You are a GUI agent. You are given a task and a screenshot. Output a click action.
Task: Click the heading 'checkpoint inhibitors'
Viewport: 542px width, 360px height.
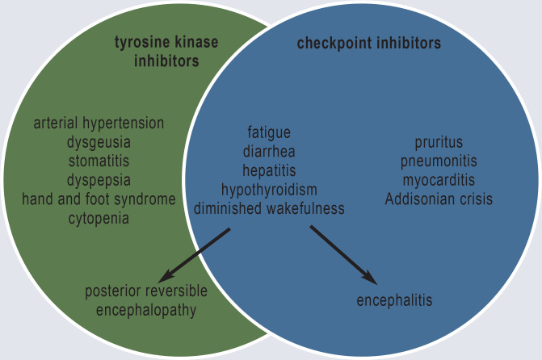pyautogui.click(x=368, y=44)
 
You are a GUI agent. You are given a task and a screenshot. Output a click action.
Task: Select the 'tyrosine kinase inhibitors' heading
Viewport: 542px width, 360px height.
pyautogui.click(x=166, y=52)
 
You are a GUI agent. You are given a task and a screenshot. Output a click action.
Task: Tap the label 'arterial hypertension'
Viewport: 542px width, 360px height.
pyautogui.click(x=99, y=123)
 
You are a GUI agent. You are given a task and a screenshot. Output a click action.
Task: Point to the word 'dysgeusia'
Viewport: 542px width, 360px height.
pyautogui.click(x=99, y=142)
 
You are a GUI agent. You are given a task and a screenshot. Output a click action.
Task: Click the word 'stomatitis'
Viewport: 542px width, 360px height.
pyautogui.click(x=99, y=161)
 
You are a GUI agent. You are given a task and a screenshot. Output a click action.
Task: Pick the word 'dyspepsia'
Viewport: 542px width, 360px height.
pyautogui.click(x=99, y=180)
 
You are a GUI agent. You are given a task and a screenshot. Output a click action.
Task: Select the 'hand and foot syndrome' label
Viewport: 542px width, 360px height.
pyautogui.click(x=99, y=199)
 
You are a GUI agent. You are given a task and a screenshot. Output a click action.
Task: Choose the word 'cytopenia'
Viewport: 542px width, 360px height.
pyautogui.click(x=99, y=218)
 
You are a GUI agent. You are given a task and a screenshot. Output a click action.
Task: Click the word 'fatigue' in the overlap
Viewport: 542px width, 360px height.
pyautogui.click(x=269, y=132)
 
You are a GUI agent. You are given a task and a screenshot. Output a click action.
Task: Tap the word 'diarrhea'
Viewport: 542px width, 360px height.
pyautogui.click(x=269, y=151)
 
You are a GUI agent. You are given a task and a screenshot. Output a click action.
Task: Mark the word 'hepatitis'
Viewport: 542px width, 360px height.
pyautogui.click(x=269, y=170)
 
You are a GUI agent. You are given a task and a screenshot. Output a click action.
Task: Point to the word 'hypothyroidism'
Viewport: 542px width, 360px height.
pyautogui.click(x=269, y=190)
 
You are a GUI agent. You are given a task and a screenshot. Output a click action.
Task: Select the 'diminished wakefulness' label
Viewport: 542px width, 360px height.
pyautogui.click(x=269, y=209)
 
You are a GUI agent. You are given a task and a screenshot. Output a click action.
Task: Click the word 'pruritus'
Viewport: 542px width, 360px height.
pyautogui.click(x=439, y=143)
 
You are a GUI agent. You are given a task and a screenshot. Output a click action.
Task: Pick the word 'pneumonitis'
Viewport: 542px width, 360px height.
pyautogui.click(x=439, y=161)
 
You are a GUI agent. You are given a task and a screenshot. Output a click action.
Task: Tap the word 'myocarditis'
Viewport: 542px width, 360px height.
pyautogui.click(x=439, y=180)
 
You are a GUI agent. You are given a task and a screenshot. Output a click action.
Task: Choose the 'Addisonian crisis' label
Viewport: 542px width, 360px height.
pyautogui.click(x=439, y=199)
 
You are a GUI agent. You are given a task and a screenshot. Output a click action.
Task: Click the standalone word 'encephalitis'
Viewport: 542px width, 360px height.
pyautogui.click(x=394, y=301)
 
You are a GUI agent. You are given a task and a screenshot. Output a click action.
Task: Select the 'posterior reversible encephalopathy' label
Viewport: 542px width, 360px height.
pyautogui.click(x=146, y=300)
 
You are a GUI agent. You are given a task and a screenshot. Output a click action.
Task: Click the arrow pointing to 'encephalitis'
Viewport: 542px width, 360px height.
pyautogui.click(x=343, y=255)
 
